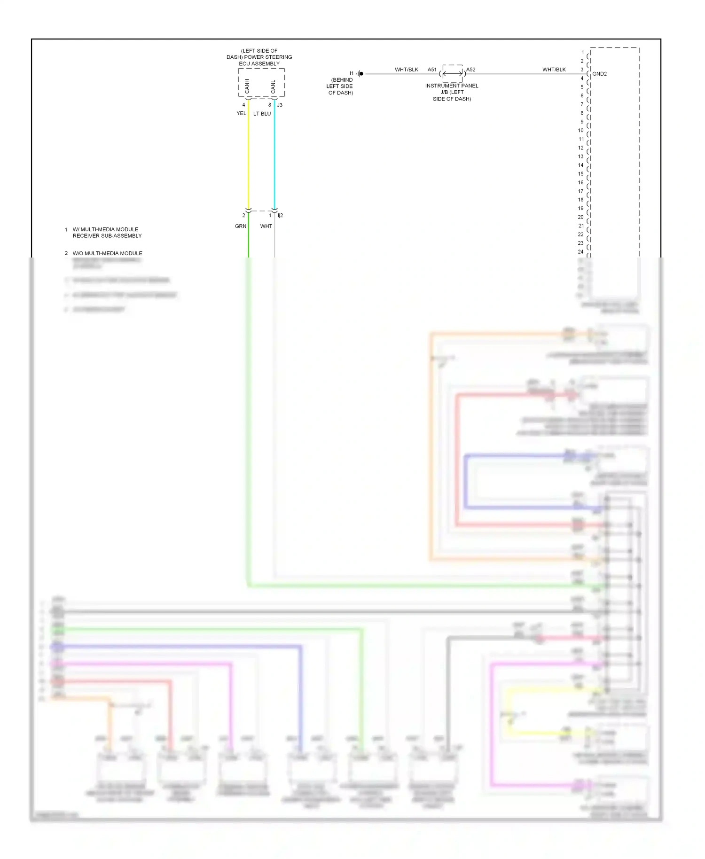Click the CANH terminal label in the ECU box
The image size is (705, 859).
(x=247, y=86)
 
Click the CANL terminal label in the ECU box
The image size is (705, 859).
(x=274, y=86)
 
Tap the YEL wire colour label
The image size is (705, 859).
(x=241, y=113)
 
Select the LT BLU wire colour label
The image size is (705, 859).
(x=262, y=114)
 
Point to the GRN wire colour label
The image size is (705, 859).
(x=241, y=226)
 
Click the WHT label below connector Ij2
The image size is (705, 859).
(x=266, y=226)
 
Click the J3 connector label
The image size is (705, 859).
(x=280, y=105)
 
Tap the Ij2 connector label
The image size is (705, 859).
(x=280, y=215)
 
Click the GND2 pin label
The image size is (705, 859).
(x=599, y=74)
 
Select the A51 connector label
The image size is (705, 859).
(x=432, y=70)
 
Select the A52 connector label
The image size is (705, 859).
(x=471, y=70)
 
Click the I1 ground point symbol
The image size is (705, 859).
(x=360, y=74)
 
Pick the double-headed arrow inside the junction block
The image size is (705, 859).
(x=452, y=74)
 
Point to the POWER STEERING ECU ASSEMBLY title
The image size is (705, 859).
(x=259, y=57)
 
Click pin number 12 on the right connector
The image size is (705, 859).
(x=581, y=148)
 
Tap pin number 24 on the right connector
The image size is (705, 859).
(x=581, y=252)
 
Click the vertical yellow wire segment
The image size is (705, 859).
(x=249, y=155)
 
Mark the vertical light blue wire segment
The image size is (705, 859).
(x=274, y=155)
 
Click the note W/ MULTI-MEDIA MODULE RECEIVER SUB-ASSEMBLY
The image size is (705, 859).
(x=107, y=233)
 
